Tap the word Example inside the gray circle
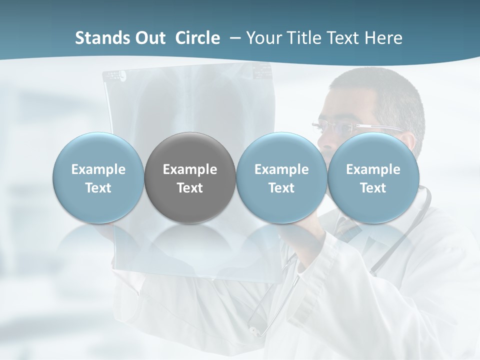coord(190,169)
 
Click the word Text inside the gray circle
coord(190,188)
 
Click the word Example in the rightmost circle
coord(373,169)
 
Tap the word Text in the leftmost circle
coord(98,188)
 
